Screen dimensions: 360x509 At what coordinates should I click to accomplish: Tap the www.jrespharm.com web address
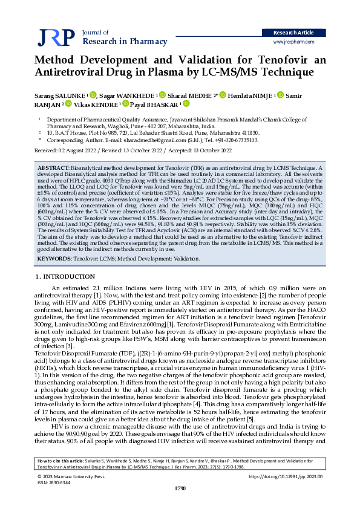coord(297,43)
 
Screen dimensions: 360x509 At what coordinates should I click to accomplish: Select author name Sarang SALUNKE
coord(56,95)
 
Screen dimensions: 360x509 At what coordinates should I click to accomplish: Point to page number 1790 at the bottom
coord(180,488)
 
